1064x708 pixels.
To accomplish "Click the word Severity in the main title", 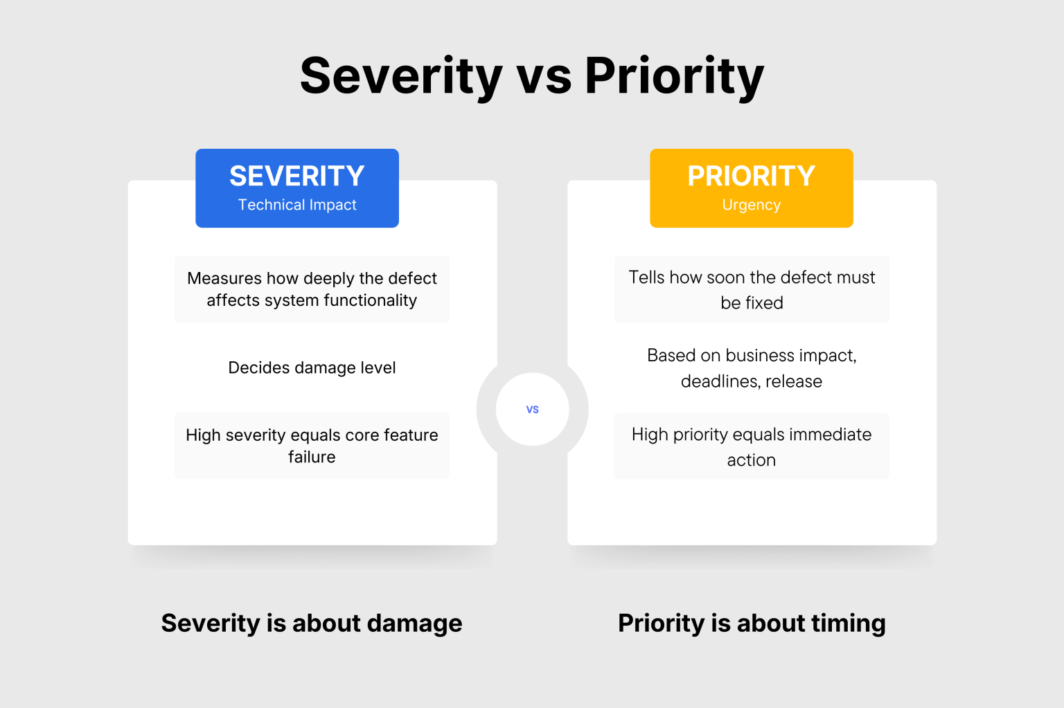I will point(400,75).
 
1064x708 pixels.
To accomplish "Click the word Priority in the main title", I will point(674,75).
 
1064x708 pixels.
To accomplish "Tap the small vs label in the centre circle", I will point(532,410).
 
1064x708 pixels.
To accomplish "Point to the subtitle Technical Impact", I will point(297,205).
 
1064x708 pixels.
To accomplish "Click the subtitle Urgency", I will point(751,205).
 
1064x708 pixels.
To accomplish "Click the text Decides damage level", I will point(312,367).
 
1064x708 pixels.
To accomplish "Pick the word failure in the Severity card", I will point(312,457).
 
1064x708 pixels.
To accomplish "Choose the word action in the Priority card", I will point(751,460).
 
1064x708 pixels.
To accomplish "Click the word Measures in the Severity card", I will point(224,278).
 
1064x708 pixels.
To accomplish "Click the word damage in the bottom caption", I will point(414,624).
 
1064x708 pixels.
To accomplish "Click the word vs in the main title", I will point(544,75).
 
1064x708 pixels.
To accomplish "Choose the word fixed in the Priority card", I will point(764,303).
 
